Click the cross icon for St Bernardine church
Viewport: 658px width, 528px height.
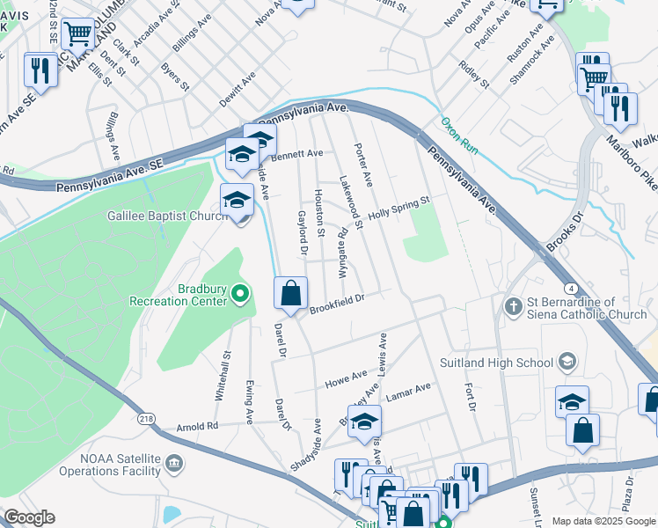click(x=514, y=305)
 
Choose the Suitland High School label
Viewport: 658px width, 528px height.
click(x=497, y=362)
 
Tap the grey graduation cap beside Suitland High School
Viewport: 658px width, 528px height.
click(x=567, y=362)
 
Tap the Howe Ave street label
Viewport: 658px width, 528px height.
click(x=346, y=378)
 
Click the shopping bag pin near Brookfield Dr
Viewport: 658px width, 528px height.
click(x=291, y=294)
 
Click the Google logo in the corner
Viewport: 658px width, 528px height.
click(x=29, y=517)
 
